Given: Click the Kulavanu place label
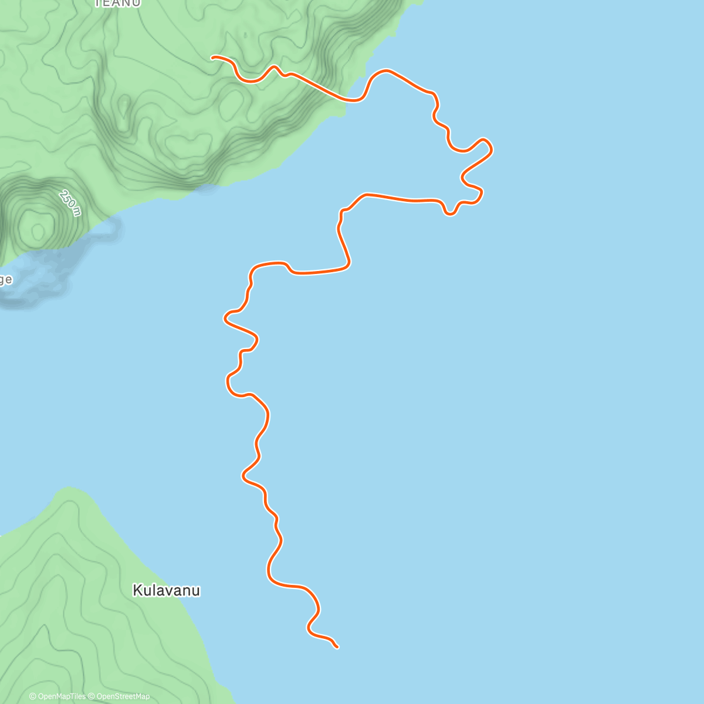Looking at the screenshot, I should coord(166,590).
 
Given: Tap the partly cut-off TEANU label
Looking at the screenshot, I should coord(117,4).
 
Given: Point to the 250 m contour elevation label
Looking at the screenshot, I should coord(69,202).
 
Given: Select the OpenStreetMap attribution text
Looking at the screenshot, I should coord(121,696).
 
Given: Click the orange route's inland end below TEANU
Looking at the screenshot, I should coord(212,57).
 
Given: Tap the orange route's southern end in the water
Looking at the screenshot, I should coord(337,647).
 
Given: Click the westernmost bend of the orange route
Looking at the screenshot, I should coord(225,319).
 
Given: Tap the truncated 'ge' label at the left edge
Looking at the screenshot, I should coord(5,279).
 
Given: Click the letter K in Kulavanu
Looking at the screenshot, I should coord(137,590).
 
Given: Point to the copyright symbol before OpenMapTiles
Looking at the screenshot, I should coord(33,696).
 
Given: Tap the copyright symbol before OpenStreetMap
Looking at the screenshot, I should coord(91,696).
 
